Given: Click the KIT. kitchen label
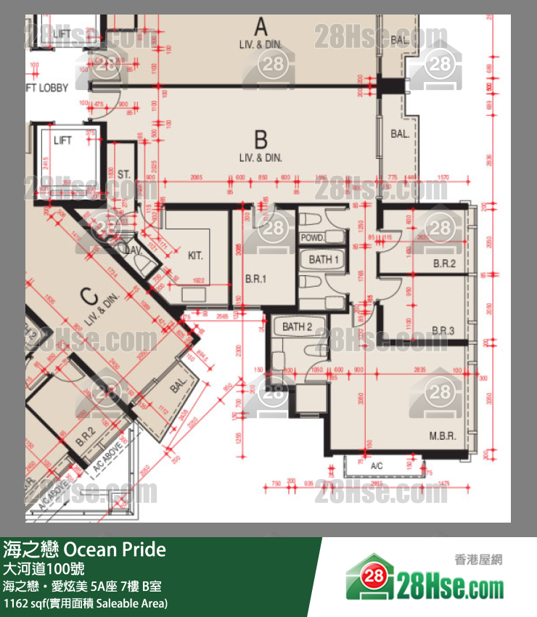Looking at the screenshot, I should tap(195, 256).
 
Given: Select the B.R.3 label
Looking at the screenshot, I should tap(443, 330).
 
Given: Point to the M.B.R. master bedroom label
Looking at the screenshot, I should tap(441, 437).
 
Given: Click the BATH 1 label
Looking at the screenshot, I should tap(324, 259).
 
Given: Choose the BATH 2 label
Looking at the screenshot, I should tap(298, 327).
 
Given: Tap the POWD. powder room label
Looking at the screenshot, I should tap(312, 238).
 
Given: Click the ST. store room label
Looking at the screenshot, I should tap(123, 174).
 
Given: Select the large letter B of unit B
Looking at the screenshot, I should tap(261, 139).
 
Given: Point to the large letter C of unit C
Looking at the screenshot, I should tap(89, 296).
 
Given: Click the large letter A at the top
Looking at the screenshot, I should tap(261, 28).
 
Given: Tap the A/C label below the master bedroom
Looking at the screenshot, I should tap(376, 465).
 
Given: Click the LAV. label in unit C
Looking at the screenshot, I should tap(133, 250).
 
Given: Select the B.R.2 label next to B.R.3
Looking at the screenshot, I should tap(443, 263).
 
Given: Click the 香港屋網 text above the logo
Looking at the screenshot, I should tap(478, 559).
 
